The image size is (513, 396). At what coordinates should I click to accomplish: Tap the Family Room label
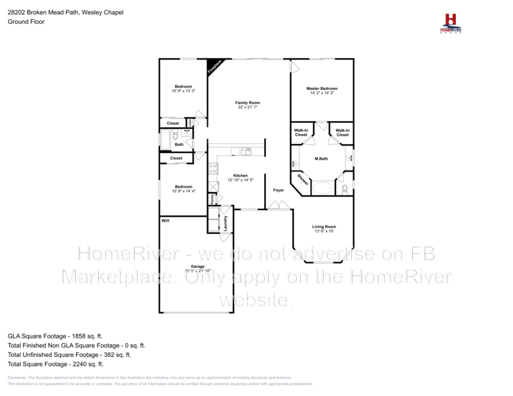point(248,103)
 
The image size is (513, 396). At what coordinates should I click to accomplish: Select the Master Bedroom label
point(321,88)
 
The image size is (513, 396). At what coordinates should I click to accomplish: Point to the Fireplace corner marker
point(214,66)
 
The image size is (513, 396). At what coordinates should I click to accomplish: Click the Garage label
point(198,266)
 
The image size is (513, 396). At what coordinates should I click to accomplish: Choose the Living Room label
point(324,227)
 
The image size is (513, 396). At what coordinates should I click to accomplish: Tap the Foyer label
point(278,190)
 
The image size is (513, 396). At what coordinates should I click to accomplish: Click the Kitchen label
point(240,176)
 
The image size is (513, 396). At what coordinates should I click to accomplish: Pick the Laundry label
point(226,222)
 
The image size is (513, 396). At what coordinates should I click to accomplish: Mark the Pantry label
point(211,199)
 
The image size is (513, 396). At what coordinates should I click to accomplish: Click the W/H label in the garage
point(165,220)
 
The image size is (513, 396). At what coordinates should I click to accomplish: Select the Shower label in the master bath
point(303,181)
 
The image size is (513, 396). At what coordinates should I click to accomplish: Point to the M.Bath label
point(321,158)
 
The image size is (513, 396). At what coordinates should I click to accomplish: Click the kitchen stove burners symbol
point(212,169)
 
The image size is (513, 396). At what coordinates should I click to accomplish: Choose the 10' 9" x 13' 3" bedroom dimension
point(183,91)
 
